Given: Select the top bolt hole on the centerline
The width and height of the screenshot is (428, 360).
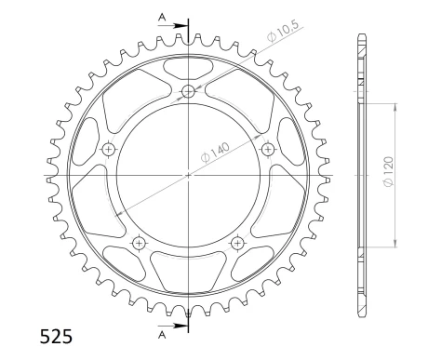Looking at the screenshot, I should pyautogui.click(x=189, y=91).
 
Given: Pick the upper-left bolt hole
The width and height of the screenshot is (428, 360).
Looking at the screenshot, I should pyautogui.click(x=109, y=149).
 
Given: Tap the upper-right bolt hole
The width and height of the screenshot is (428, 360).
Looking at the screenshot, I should pyautogui.click(x=268, y=149).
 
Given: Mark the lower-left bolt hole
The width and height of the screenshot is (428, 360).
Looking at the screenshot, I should pyautogui.click(x=140, y=243).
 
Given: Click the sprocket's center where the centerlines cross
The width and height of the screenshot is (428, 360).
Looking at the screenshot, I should pyautogui.click(x=189, y=174).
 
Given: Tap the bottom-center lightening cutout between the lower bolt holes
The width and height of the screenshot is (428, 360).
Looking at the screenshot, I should pyautogui.click(x=189, y=273).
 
